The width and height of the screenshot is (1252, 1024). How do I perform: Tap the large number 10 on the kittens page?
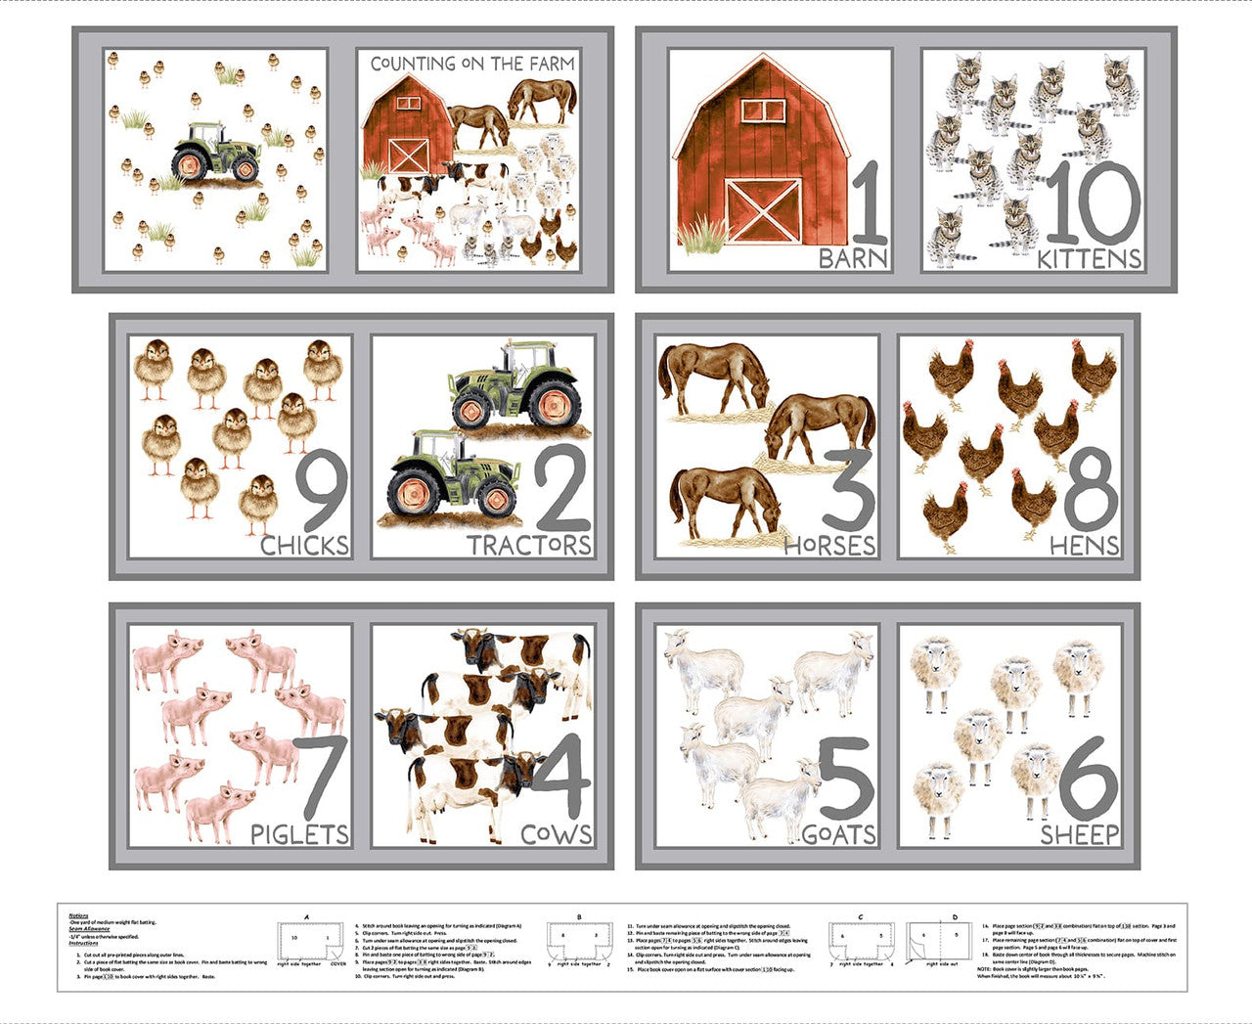1093,202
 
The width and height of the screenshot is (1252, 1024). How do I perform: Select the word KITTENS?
1089,258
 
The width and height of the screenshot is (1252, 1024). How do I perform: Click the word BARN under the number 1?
853,258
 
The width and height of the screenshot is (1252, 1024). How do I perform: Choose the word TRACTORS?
528,545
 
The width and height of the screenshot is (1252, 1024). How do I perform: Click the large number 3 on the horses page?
848,489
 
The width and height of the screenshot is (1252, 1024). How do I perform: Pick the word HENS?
1084,545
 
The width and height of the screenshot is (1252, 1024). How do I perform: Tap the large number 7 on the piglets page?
321,778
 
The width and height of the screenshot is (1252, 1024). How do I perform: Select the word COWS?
556,834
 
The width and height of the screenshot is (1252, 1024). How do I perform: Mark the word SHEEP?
1079,834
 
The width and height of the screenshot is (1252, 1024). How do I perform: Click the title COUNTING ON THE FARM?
472,64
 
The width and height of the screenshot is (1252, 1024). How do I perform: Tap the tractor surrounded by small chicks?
216,153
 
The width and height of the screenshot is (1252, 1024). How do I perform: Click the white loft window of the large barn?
763,110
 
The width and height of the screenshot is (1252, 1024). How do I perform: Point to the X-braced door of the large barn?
763,209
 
